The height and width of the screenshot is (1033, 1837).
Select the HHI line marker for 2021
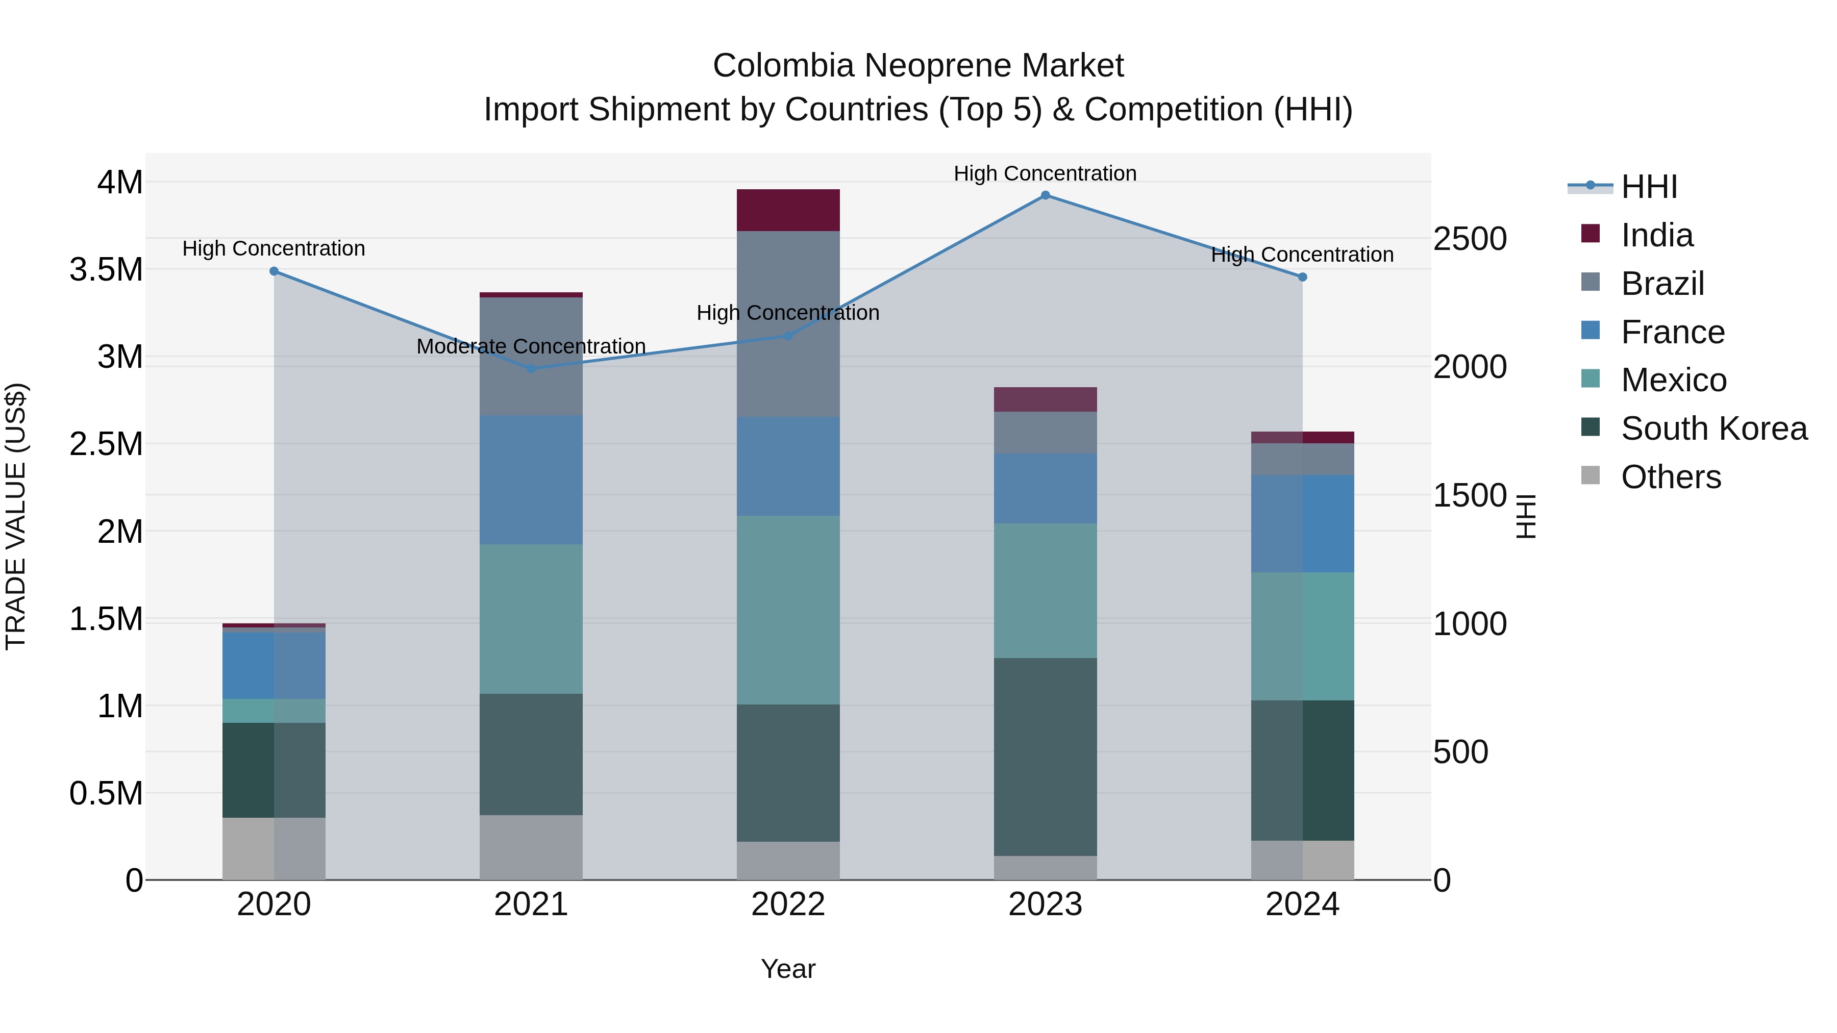(531, 369)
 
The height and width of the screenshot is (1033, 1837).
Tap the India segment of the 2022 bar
(788, 210)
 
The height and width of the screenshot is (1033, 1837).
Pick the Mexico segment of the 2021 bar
(531, 619)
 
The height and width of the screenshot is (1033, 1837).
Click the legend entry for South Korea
(1713, 429)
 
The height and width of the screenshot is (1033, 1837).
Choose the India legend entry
(1656, 235)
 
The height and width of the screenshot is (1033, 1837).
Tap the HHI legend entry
(1648, 187)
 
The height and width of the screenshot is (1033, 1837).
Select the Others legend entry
(1670, 477)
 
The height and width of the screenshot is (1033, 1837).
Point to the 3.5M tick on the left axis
(106, 269)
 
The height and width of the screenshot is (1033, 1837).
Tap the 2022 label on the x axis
(788, 904)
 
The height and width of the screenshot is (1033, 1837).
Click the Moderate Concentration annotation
(531, 346)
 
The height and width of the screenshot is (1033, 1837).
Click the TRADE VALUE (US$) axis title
(16, 516)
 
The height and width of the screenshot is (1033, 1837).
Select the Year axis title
(788, 969)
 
